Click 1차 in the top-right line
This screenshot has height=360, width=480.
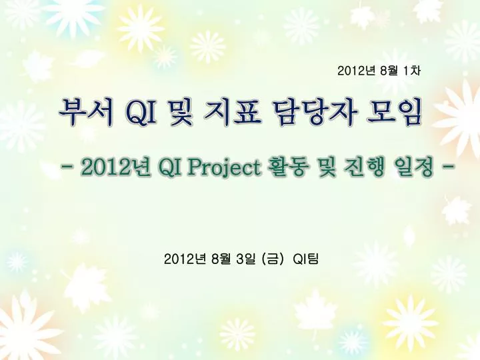pyautogui.click(x=410, y=69)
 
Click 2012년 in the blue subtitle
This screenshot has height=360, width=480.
pyautogui.click(x=115, y=168)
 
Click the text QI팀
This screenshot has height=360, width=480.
pyautogui.click(x=306, y=257)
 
